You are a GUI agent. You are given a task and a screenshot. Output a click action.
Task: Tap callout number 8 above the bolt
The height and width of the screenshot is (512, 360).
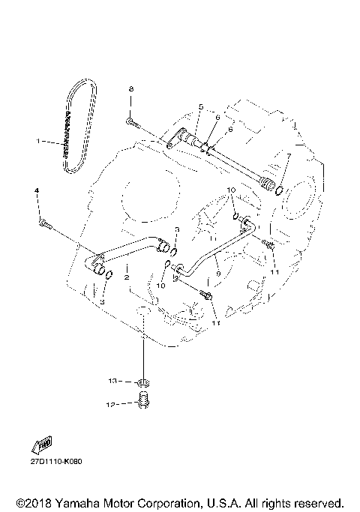click(130, 89)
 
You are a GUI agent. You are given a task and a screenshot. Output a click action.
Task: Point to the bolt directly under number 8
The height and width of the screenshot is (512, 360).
click(131, 119)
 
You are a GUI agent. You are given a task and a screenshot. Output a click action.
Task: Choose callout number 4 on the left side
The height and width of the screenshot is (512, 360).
click(36, 193)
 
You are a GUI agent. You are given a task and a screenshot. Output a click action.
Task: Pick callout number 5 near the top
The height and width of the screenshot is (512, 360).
click(201, 107)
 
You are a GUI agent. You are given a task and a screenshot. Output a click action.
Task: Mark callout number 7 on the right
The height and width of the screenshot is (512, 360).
click(287, 156)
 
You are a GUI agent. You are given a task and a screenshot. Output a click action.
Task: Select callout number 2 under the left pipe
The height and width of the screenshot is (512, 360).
click(127, 277)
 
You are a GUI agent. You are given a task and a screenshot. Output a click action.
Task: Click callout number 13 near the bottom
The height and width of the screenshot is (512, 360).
click(112, 382)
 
